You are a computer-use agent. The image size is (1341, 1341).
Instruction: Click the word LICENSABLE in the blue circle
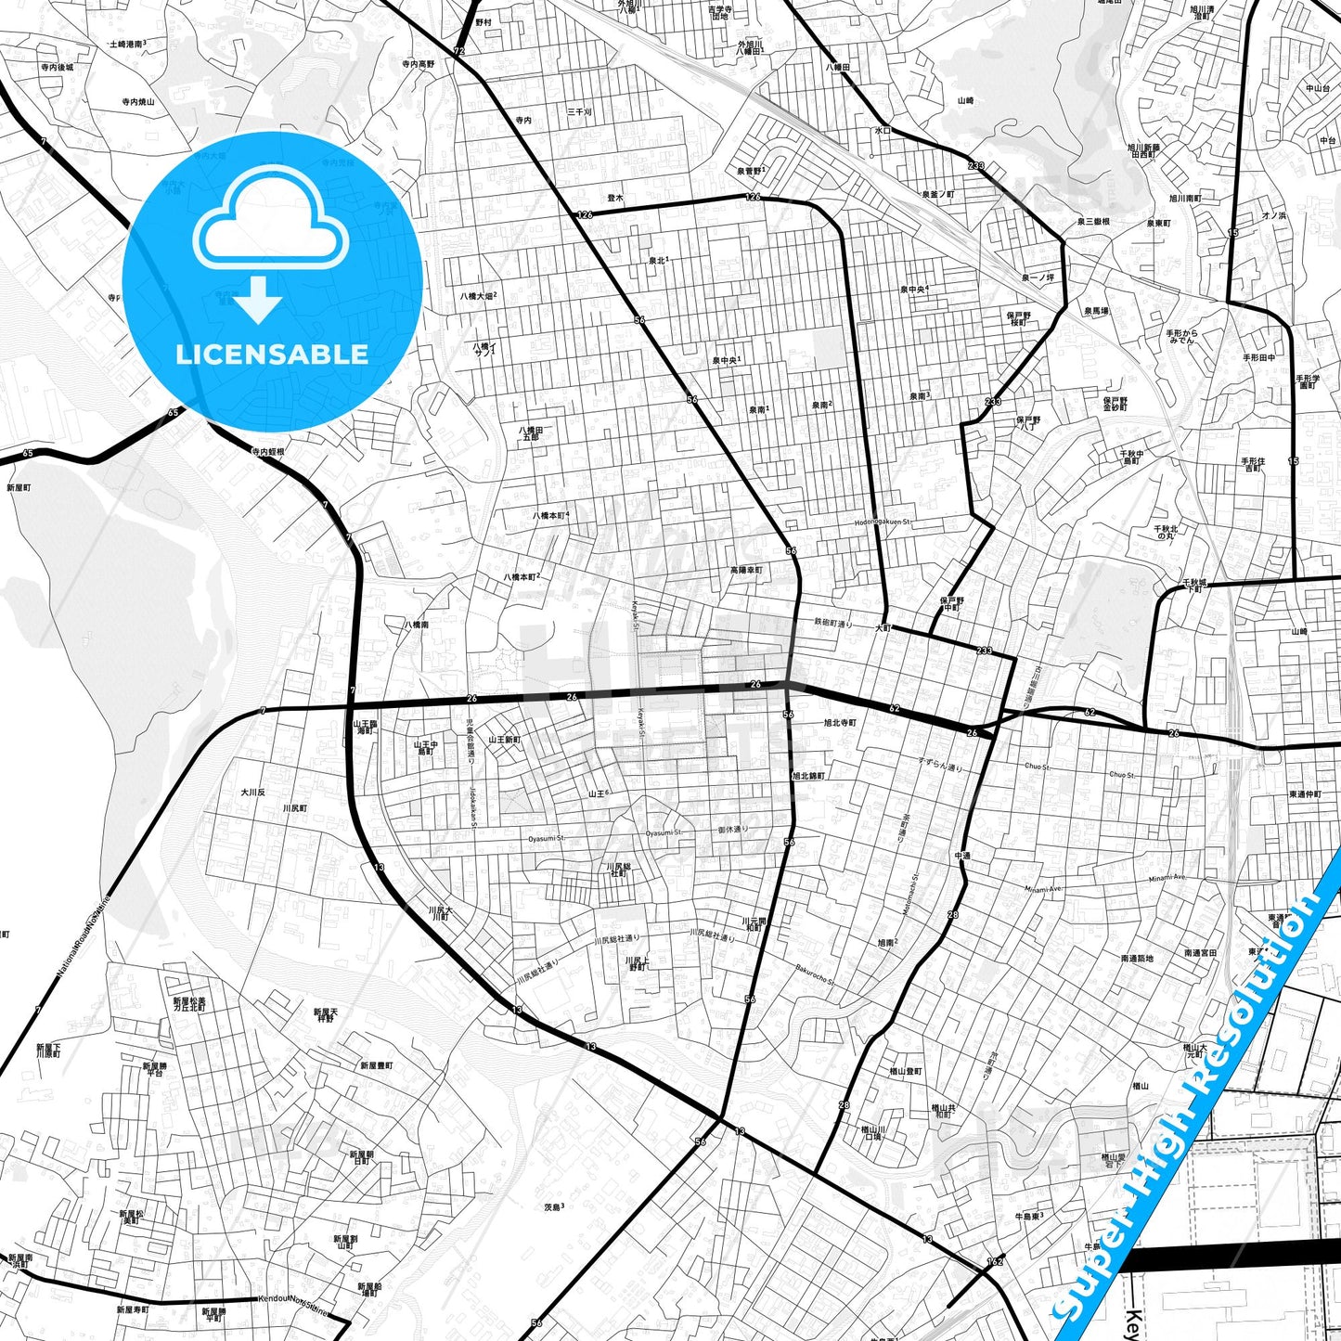[272, 354]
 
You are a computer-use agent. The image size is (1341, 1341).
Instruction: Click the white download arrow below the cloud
[258, 299]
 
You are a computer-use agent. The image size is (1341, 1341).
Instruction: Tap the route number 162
[996, 1261]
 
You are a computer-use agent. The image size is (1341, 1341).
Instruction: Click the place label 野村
[483, 21]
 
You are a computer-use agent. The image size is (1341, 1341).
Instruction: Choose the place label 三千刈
[579, 112]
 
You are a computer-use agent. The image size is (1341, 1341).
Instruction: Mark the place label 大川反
[252, 793]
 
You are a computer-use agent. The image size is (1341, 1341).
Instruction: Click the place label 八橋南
[416, 625]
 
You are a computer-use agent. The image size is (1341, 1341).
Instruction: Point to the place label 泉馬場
[1096, 311]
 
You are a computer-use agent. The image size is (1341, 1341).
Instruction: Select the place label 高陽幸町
[745, 570]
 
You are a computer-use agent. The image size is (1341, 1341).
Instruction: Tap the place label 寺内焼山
[137, 102]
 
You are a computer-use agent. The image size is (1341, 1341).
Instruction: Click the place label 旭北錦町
[808, 775]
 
